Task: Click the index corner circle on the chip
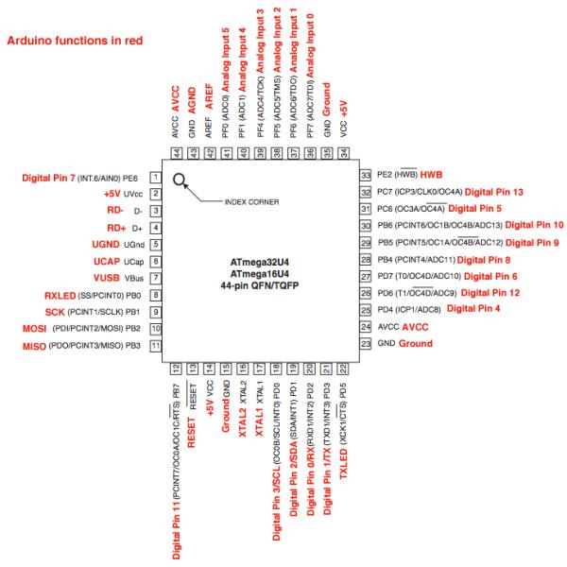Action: click(x=178, y=178)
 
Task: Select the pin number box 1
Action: click(x=154, y=177)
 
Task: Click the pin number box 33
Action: click(x=365, y=176)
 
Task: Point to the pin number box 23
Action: click(x=365, y=343)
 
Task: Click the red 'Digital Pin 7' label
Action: click(x=48, y=177)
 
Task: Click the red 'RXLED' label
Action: click(x=62, y=295)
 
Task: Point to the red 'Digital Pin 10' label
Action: click(x=535, y=226)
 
